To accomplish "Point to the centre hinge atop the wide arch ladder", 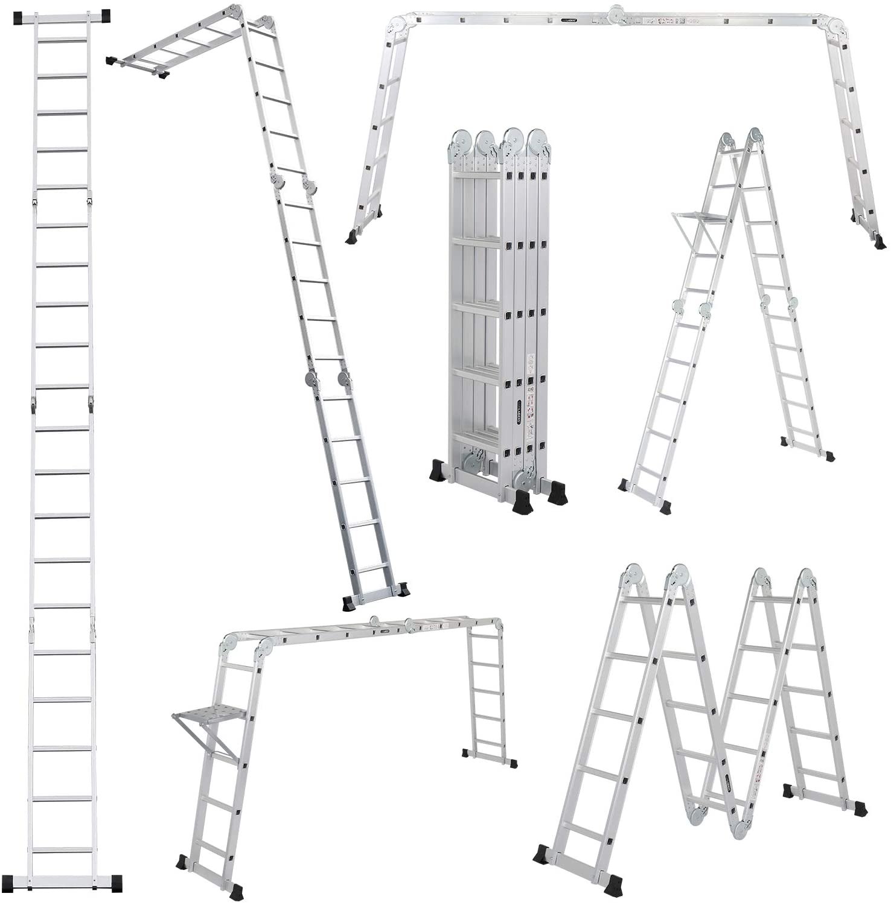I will pyautogui.click(x=616, y=13).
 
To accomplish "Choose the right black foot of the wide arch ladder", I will pyautogui.click(x=879, y=243).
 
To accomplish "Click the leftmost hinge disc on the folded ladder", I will pyautogui.click(x=458, y=141).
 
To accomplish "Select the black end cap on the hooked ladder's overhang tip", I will pyautogui.click(x=111, y=60).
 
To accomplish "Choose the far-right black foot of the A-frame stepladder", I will pyautogui.click(x=830, y=457).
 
